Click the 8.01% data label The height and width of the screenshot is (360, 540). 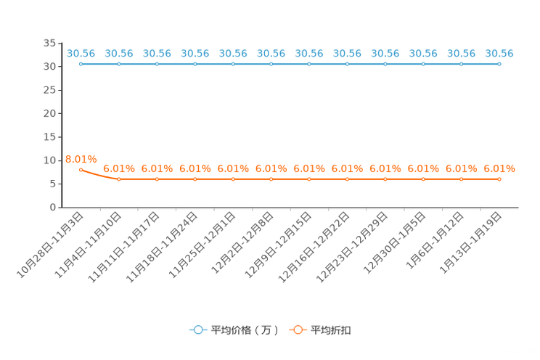(x=81, y=159)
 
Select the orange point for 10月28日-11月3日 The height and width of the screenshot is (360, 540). (x=81, y=170)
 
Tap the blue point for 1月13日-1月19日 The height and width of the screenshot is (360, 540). (x=499, y=64)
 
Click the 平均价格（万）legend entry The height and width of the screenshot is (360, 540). (x=234, y=330)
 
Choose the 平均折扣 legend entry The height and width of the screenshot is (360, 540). (x=320, y=330)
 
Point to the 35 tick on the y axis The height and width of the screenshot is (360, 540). (x=49, y=43)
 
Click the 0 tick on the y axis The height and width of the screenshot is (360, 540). (x=53, y=208)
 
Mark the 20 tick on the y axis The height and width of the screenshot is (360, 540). (x=49, y=113)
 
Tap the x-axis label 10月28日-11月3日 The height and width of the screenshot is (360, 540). (x=50, y=245)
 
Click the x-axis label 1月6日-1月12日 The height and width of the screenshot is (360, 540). (x=435, y=241)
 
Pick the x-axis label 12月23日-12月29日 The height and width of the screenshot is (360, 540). (x=352, y=247)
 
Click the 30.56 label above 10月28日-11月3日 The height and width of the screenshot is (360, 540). (x=81, y=54)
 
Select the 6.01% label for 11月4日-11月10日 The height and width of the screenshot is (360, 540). (x=119, y=168)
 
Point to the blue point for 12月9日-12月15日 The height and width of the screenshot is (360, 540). (x=309, y=64)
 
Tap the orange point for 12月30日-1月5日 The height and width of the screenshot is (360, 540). (x=423, y=179)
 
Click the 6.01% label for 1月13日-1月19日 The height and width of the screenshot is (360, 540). (x=499, y=168)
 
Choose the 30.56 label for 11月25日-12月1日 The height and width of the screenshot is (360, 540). (x=233, y=54)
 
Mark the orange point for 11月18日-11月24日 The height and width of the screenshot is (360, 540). (x=195, y=179)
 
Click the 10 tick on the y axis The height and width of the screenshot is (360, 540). (x=49, y=160)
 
